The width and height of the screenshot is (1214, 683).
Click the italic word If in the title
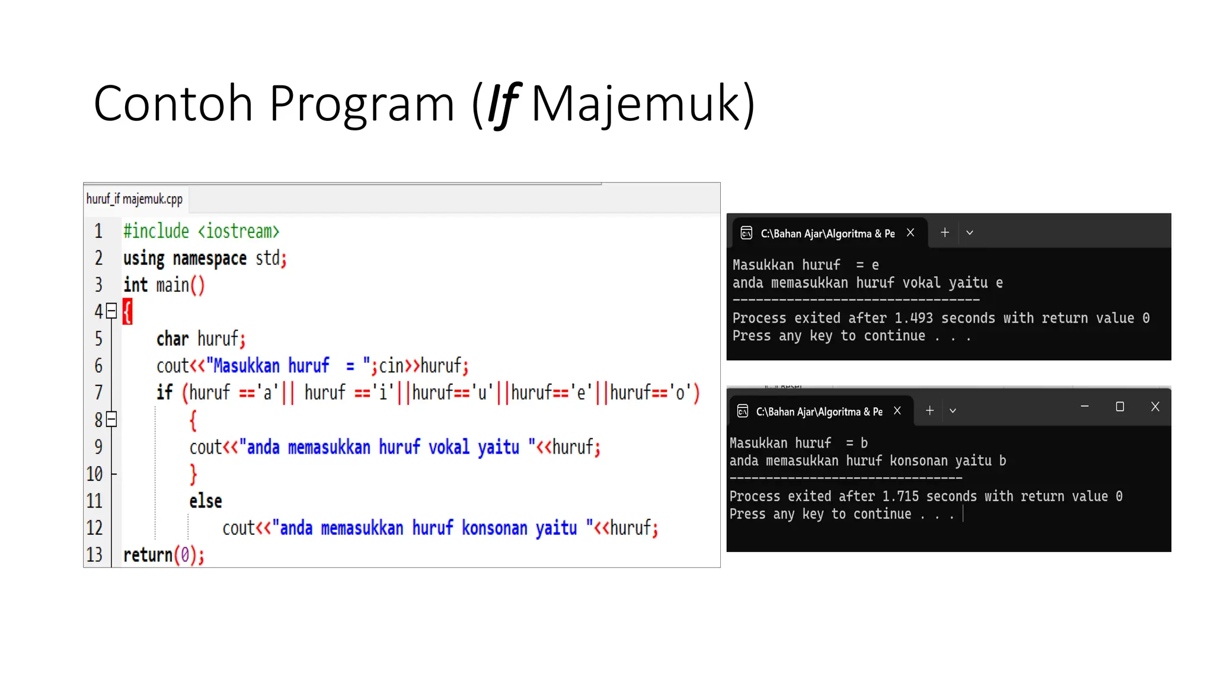point(503,104)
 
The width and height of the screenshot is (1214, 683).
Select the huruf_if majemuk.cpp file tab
point(135,199)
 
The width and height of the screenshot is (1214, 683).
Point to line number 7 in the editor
point(98,392)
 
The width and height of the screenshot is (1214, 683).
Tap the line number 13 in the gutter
point(94,555)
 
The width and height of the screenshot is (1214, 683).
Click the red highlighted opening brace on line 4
point(127,311)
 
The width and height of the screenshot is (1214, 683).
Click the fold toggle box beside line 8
point(111,420)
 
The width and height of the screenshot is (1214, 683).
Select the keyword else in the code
point(206,501)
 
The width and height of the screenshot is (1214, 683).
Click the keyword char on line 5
point(172,339)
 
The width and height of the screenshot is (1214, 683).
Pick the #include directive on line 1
point(156,231)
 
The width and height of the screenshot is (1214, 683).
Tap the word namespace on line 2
point(210,258)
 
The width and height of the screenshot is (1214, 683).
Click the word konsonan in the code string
point(494,528)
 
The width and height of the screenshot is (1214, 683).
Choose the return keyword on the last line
point(148,555)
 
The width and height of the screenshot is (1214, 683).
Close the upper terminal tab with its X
point(910,233)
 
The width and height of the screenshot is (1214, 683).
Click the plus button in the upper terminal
point(945,232)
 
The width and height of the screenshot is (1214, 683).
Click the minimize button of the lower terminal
point(1085,407)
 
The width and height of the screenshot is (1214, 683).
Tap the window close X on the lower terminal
point(1155,407)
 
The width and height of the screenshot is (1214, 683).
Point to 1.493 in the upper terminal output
point(913,318)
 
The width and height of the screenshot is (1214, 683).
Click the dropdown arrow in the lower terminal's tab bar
point(953,411)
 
